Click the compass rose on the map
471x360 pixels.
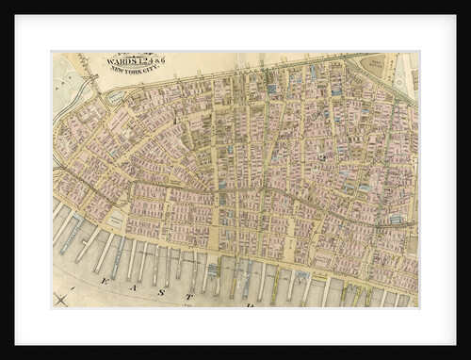[61, 299]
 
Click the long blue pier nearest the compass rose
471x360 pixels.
[73, 237]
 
